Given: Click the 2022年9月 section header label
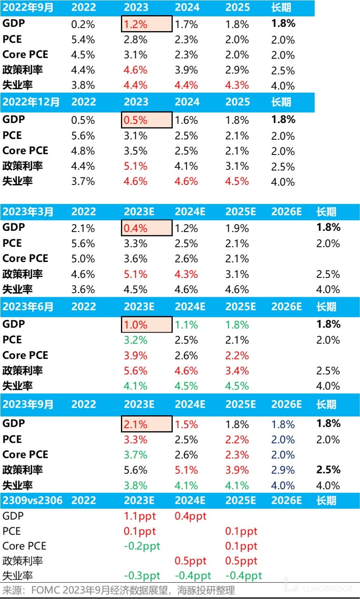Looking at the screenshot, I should tap(28, 8).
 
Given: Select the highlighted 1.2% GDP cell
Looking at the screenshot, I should tap(146, 24).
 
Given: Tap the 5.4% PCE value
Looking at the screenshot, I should tap(83, 40).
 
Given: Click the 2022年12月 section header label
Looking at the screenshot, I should tap(31, 102).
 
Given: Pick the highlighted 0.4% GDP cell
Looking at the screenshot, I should tap(146, 228).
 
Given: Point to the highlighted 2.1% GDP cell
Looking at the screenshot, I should tap(146, 424).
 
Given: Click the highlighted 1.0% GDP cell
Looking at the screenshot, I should tap(146, 325).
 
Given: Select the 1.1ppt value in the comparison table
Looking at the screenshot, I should tap(140, 516).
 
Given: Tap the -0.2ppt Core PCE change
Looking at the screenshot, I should tap(142, 546).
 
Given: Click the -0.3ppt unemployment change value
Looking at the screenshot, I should tap(142, 576).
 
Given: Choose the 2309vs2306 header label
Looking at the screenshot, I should tap(32, 500).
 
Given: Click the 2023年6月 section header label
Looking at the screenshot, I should tap(28, 307).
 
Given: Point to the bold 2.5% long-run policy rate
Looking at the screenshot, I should tap(328, 470).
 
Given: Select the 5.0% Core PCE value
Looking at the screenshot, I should tap(83, 258).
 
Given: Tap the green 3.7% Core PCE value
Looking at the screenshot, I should tap(136, 454).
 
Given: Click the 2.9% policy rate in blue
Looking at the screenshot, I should tap(283, 470).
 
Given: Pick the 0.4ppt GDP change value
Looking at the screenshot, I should tap(190, 516).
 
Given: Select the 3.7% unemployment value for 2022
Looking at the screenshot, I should tap(83, 181).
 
